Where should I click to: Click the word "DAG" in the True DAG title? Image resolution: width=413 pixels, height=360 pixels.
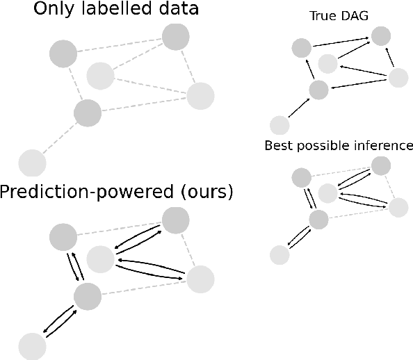click(354, 16)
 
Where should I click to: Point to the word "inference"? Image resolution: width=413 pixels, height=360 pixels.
click(384, 146)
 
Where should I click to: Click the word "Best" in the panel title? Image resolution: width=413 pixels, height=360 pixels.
click(277, 146)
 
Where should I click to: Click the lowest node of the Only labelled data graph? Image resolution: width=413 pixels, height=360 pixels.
click(32, 163)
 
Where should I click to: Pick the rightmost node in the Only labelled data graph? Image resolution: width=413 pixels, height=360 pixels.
click(200, 96)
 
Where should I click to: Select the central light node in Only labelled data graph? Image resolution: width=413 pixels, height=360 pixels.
click(100, 75)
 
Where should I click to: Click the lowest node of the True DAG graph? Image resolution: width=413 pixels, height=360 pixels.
click(280, 126)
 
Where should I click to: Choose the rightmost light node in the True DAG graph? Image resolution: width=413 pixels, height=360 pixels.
click(398, 78)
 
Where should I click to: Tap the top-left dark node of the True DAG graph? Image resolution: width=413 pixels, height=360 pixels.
click(301, 48)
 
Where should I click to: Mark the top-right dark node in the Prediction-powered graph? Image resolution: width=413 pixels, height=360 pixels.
click(175, 220)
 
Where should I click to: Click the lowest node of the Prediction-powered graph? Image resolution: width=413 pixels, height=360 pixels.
click(32, 345)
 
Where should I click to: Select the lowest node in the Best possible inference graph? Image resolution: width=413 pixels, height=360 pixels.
click(280, 255)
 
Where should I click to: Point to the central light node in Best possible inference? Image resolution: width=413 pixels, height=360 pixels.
click(327, 193)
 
